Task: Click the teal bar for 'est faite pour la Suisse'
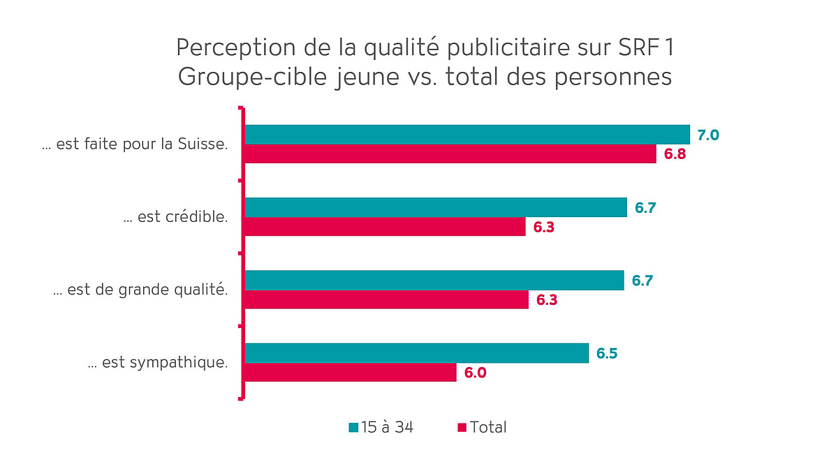click(x=466, y=134)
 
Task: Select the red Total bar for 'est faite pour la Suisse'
click(x=450, y=154)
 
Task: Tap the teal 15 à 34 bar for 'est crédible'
click(x=436, y=207)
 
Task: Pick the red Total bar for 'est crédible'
click(x=385, y=226)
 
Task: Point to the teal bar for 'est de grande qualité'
click(x=434, y=280)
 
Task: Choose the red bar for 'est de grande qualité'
click(x=386, y=299)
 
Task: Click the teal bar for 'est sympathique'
click(x=416, y=353)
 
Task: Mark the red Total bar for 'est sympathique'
click(x=351, y=372)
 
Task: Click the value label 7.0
click(x=708, y=135)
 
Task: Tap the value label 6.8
click(x=675, y=154)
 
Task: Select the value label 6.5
click(x=607, y=353)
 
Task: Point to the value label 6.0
click(x=475, y=373)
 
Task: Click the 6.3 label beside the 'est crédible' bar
click(x=543, y=227)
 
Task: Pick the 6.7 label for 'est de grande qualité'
click(x=642, y=281)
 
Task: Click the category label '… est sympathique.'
click(x=158, y=363)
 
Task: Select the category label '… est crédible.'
click(x=175, y=217)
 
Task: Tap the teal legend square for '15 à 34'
click(x=353, y=427)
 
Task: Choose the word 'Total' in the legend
click(x=488, y=427)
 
